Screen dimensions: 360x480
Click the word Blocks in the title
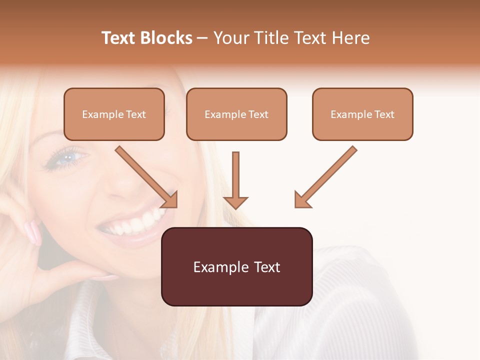coord(166,38)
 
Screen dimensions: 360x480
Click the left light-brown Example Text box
coord(114,114)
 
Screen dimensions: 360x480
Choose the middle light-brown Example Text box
coord(236,114)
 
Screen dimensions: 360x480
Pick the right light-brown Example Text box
coord(362,114)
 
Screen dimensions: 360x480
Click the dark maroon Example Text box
coord(236,266)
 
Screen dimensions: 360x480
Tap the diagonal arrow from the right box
coord(325,177)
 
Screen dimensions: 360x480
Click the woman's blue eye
coord(66,157)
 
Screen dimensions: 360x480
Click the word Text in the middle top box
coord(258,114)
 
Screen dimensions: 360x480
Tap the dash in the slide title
coord(202,38)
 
